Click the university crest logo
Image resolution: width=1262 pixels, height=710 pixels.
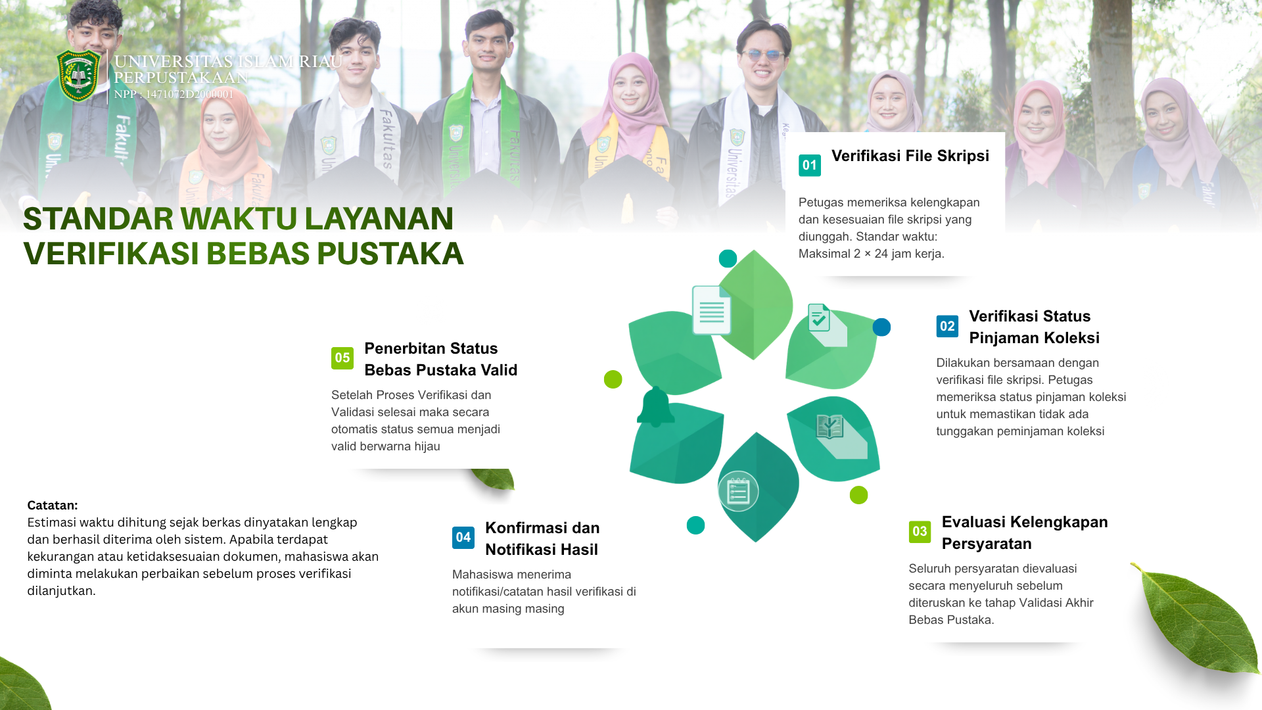79,76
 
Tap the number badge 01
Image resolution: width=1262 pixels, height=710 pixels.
810,165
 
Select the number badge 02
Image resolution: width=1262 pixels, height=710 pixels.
947,326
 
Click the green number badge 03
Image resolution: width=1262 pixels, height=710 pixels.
920,532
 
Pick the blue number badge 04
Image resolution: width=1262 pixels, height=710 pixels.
463,538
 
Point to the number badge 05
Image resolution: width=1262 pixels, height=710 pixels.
342,358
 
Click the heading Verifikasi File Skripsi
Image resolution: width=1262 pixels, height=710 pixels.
910,156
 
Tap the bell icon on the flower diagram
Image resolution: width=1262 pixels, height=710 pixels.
655,407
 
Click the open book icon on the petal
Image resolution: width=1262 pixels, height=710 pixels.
830,427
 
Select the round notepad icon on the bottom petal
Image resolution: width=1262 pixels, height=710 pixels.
738,491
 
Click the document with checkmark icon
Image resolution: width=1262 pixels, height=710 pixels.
819,318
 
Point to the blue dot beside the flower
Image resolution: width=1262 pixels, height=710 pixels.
881,327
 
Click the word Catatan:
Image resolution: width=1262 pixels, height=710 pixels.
53,506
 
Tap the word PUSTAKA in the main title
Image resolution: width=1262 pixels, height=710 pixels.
390,254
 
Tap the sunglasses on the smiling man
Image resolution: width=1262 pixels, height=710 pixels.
763,55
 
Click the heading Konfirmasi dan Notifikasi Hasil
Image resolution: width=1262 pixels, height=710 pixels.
542,538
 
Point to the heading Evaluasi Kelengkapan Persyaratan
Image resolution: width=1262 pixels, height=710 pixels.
1025,532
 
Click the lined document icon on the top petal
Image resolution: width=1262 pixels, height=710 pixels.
712,310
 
